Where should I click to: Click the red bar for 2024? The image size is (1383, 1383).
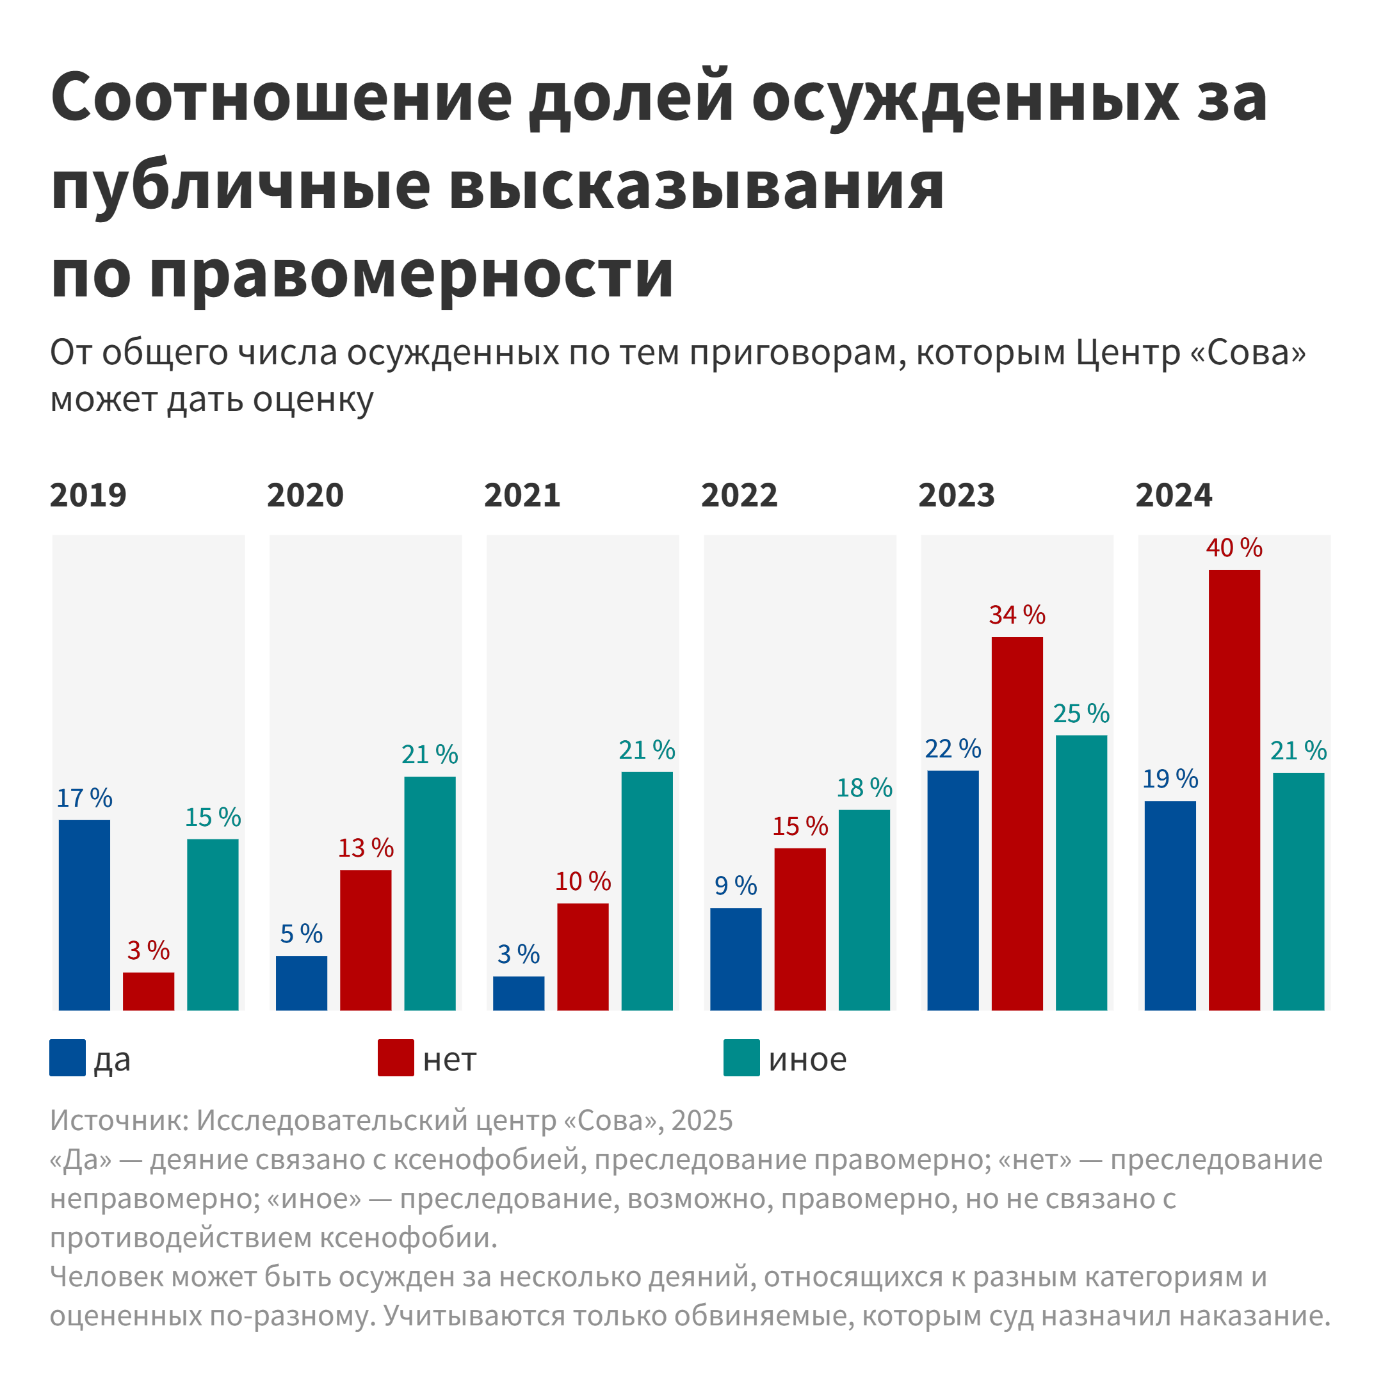(1234, 789)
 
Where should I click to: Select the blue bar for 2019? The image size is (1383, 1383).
(85, 915)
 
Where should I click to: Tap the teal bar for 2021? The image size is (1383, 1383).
(647, 891)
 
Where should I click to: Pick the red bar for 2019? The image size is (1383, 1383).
(149, 991)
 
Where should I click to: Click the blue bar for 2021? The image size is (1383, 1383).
(518, 994)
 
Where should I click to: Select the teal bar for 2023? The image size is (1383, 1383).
(1081, 873)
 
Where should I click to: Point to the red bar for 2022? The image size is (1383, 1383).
(800, 929)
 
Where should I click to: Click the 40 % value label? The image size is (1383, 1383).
(1234, 548)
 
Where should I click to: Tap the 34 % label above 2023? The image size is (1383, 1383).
(1017, 615)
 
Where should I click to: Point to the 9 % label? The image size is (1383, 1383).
(736, 886)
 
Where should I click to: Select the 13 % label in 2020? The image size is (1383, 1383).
(366, 848)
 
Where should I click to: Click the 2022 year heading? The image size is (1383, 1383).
(739, 496)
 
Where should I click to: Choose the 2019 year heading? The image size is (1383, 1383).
(88, 496)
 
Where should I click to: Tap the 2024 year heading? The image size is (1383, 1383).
(1174, 496)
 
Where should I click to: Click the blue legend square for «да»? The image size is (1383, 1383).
(67, 1058)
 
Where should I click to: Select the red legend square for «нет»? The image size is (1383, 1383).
(396, 1058)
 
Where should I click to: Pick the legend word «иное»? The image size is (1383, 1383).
(807, 1060)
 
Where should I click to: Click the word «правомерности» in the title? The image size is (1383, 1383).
(412, 274)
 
